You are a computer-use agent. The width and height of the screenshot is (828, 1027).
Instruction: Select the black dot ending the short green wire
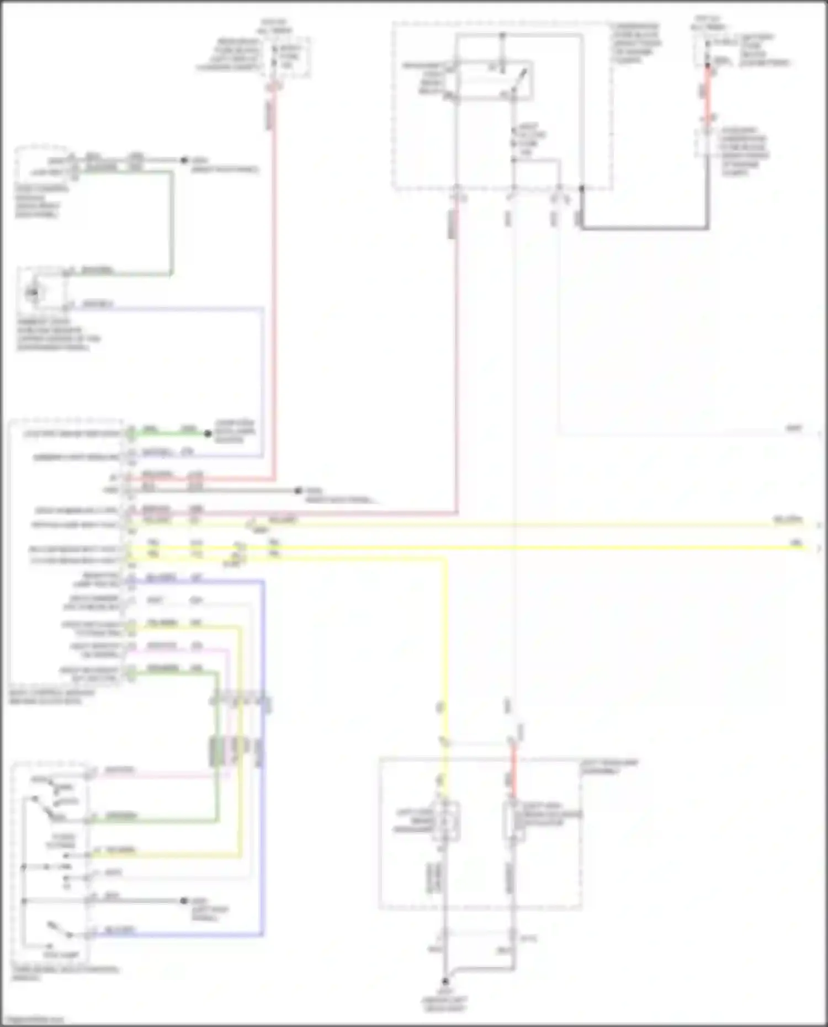pos(208,434)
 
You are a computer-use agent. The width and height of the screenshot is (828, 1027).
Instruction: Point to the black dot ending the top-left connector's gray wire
pos(184,160)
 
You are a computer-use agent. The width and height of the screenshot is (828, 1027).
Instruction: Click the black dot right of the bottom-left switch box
pos(184,901)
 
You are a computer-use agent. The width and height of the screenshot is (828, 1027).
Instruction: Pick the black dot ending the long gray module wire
pos(298,490)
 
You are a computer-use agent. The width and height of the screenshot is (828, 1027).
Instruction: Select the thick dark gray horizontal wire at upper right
pos(643,227)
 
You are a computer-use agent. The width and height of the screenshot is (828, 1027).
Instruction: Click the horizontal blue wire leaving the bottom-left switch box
pos(177,935)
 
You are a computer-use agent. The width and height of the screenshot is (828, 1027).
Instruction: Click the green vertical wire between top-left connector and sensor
pos(172,221)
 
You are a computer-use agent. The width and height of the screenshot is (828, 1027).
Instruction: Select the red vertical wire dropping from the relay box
pos(457,359)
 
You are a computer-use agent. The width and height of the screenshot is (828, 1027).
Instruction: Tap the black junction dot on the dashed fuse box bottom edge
pos(581,189)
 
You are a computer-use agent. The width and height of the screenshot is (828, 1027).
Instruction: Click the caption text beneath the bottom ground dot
pos(445,1003)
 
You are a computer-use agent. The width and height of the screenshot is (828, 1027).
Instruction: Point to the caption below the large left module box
pos(52,696)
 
